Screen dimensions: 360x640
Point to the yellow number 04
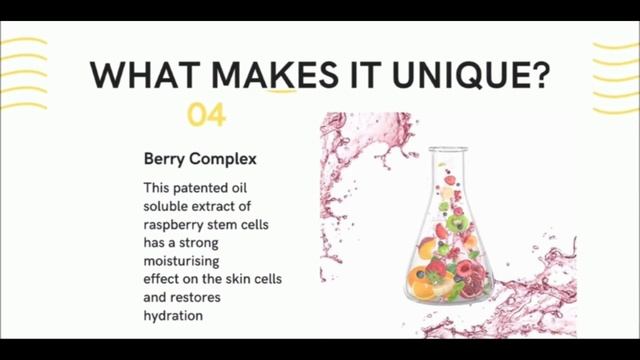(207, 116)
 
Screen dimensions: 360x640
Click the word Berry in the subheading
(165, 158)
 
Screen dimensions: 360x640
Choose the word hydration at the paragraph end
(173, 315)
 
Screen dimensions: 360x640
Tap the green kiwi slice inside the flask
(458, 224)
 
